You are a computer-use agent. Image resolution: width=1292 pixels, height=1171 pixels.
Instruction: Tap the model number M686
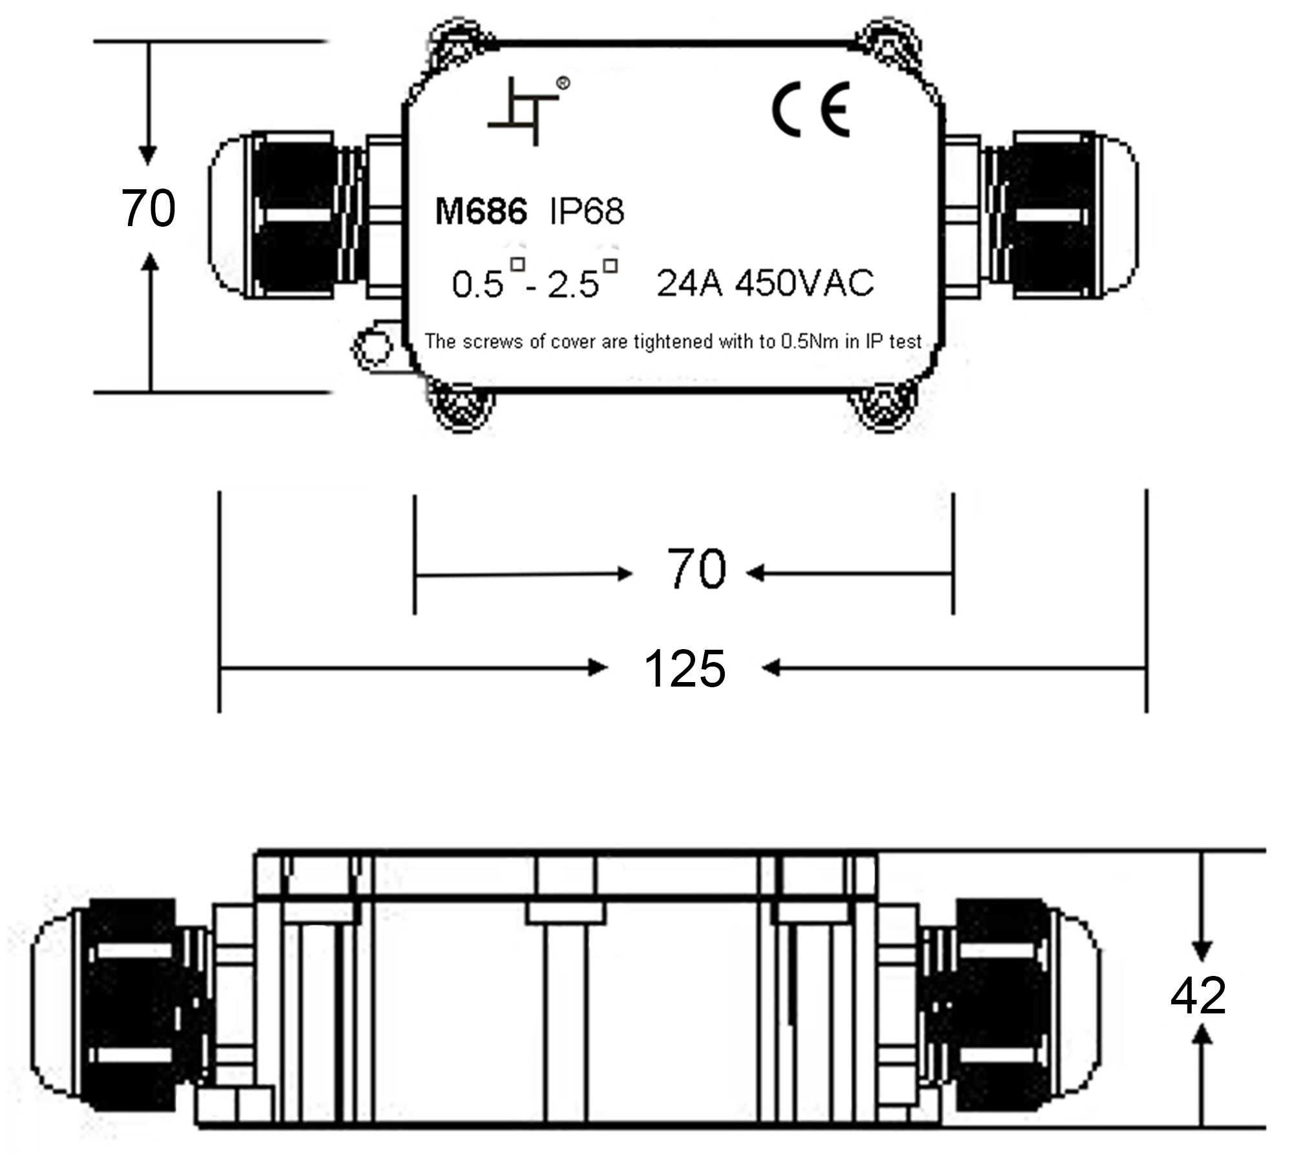click(481, 211)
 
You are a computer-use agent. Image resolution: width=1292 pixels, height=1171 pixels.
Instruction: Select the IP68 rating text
click(587, 211)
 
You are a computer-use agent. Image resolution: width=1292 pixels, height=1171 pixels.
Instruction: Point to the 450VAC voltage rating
click(805, 283)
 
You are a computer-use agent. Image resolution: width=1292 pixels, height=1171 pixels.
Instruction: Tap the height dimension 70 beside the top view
click(148, 208)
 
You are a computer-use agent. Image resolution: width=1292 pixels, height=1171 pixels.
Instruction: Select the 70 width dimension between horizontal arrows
click(696, 568)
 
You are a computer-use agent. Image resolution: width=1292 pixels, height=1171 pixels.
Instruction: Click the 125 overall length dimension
click(685, 668)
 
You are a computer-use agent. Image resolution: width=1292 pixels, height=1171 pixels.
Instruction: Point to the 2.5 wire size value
click(573, 285)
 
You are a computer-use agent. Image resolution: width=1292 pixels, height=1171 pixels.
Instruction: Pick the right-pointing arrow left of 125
click(413, 668)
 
